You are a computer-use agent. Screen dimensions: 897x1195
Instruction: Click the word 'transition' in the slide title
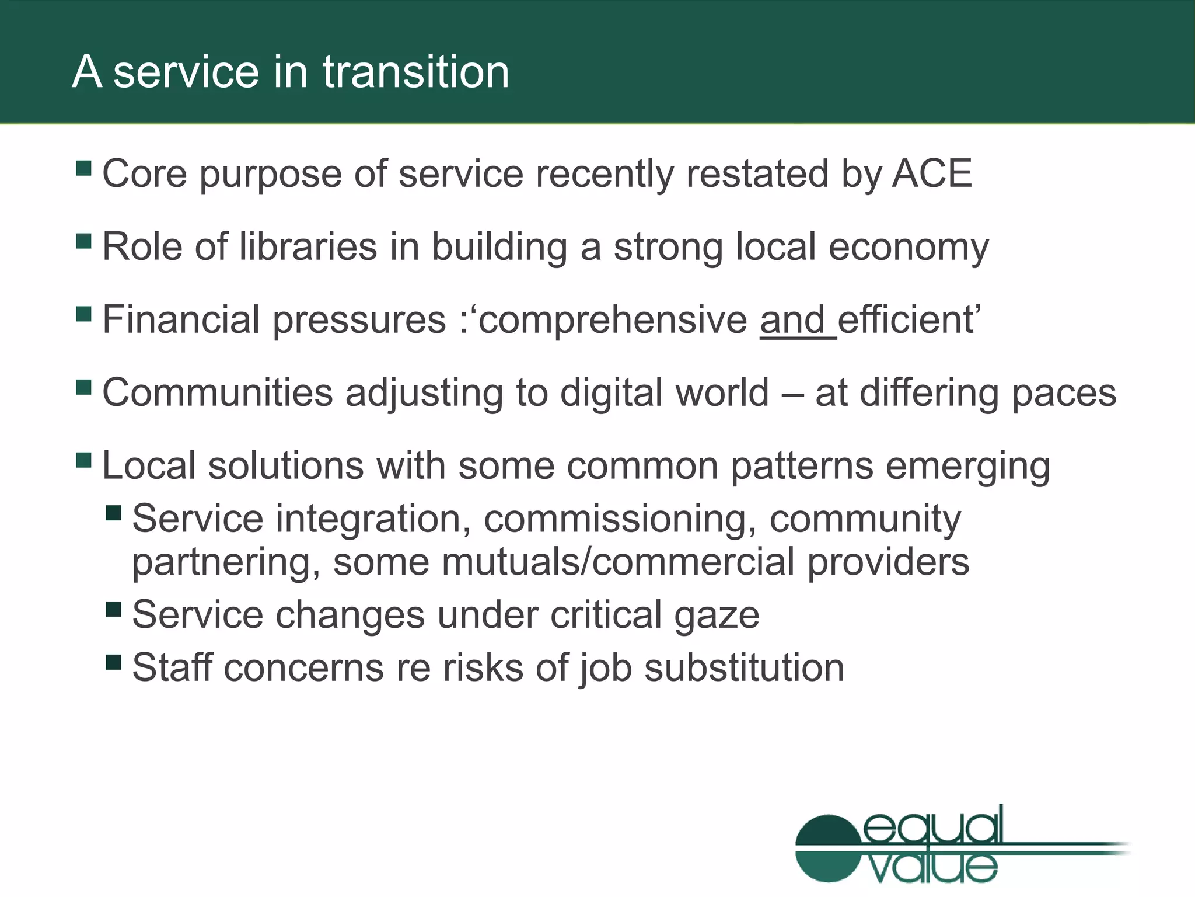point(416,72)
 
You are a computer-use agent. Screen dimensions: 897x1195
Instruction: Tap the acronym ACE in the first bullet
point(932,173)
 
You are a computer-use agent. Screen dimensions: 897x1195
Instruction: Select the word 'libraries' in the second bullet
point(308,246)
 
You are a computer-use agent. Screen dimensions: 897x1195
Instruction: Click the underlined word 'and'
point(792,320)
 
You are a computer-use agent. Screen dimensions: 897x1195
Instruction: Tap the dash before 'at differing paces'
point(792,394)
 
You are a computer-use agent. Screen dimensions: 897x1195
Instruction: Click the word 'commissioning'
point(615,519)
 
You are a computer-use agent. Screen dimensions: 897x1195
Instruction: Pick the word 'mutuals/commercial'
point(618,562)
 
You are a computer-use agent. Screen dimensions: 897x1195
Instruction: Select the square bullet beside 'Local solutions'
point(84,460)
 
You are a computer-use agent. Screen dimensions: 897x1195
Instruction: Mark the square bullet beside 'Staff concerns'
point(113,662)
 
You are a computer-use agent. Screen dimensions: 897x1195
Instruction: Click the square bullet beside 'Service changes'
point(113,609)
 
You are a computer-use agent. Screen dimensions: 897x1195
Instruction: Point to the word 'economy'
point(909,248)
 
